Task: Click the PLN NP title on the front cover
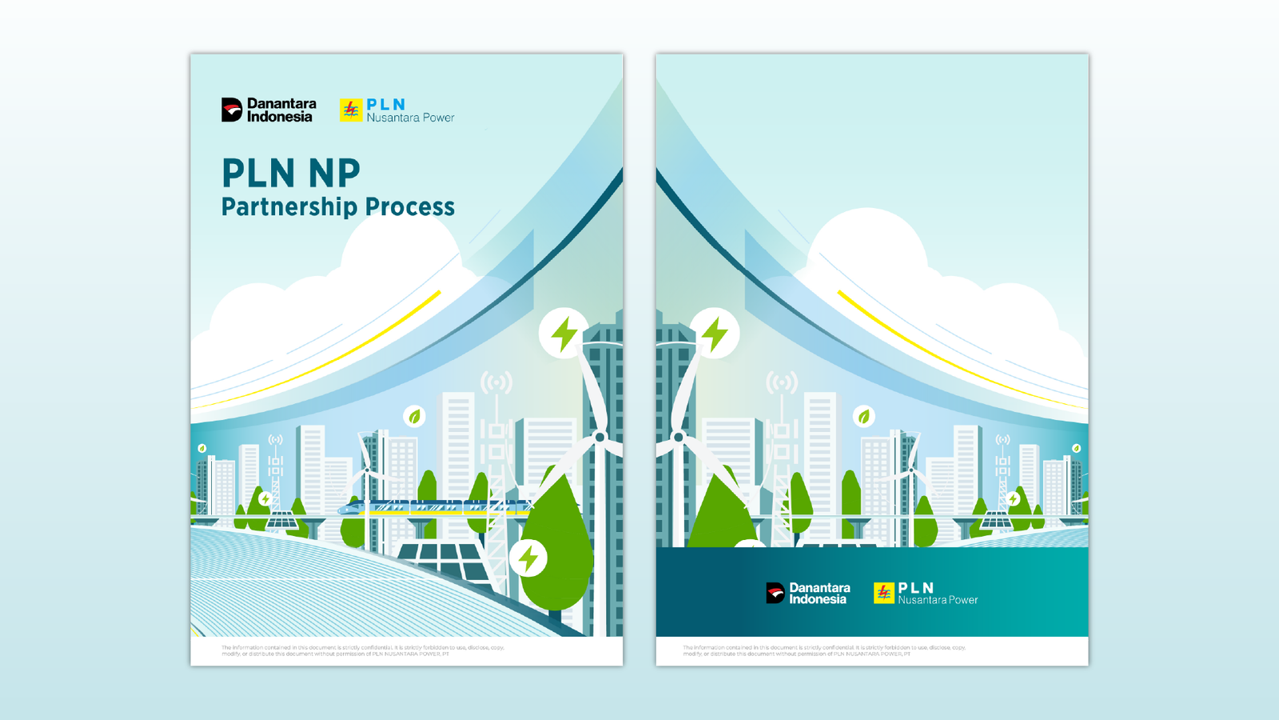(x=291, y=173)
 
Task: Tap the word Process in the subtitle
(x=410, y=207)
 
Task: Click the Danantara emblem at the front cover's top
(x=232, y=110)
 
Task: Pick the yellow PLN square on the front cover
(x=351, y=110)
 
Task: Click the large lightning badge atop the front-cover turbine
(x=564, y=334)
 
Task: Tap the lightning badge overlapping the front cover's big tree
(x=528, y=558)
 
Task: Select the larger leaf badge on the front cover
(x=414, y=416)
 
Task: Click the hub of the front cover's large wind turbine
(x=600, y=437)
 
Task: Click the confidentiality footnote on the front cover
(x=363, y=650)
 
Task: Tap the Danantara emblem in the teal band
(x=775, y=593)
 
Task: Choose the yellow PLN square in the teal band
(x=883, y=593)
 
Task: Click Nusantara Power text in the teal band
(x=938, y=600)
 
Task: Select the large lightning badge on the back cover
(x=715, y=334)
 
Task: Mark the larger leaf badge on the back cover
(x=864, y=416)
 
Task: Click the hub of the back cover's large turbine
(x=679, y=437)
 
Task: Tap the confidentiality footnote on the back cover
(x=824, y=650)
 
